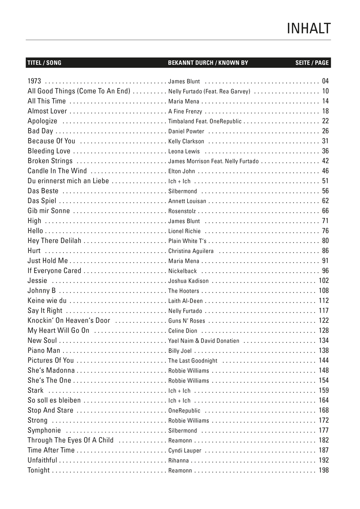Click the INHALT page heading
pyautogui.click(x=308, y=29)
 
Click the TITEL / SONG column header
pyautogui.click(x=44, y=63)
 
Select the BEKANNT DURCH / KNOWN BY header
pyautogui.click(x=208, y=63)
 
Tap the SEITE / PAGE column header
pyautogui.click(x=312, y=63)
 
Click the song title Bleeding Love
pyautogui.click(x=49, y=151)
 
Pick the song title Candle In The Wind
pyautogui.click(x=57, y=171)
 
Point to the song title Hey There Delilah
pyautogui.click(x=54, y=241)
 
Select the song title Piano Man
pyautogui.click(x=44, y=351)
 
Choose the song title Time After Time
pyautogui.click(x=51, y=450)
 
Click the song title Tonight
pyautogui.click(x=39, y=470)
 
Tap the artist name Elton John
pyautogui.click(x=182, y=171)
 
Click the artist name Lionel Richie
pyautogui.click(x=184, y=231)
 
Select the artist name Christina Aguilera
pyautogui.click(x=191, y=251)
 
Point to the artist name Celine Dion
pyautogui.click(x=183, y=331)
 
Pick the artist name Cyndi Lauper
pyautogui.click(x=185, y=451)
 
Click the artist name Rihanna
pyautogui.click(x=178, y=460)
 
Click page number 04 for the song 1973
pyautogui.click(x=325, y=81)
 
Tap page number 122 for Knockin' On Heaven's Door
pyautogui.click(x=324, y=321)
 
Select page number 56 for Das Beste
pyautogui.click(x=325, y=191)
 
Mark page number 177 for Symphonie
pyautogui.click(x=324, y=430)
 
